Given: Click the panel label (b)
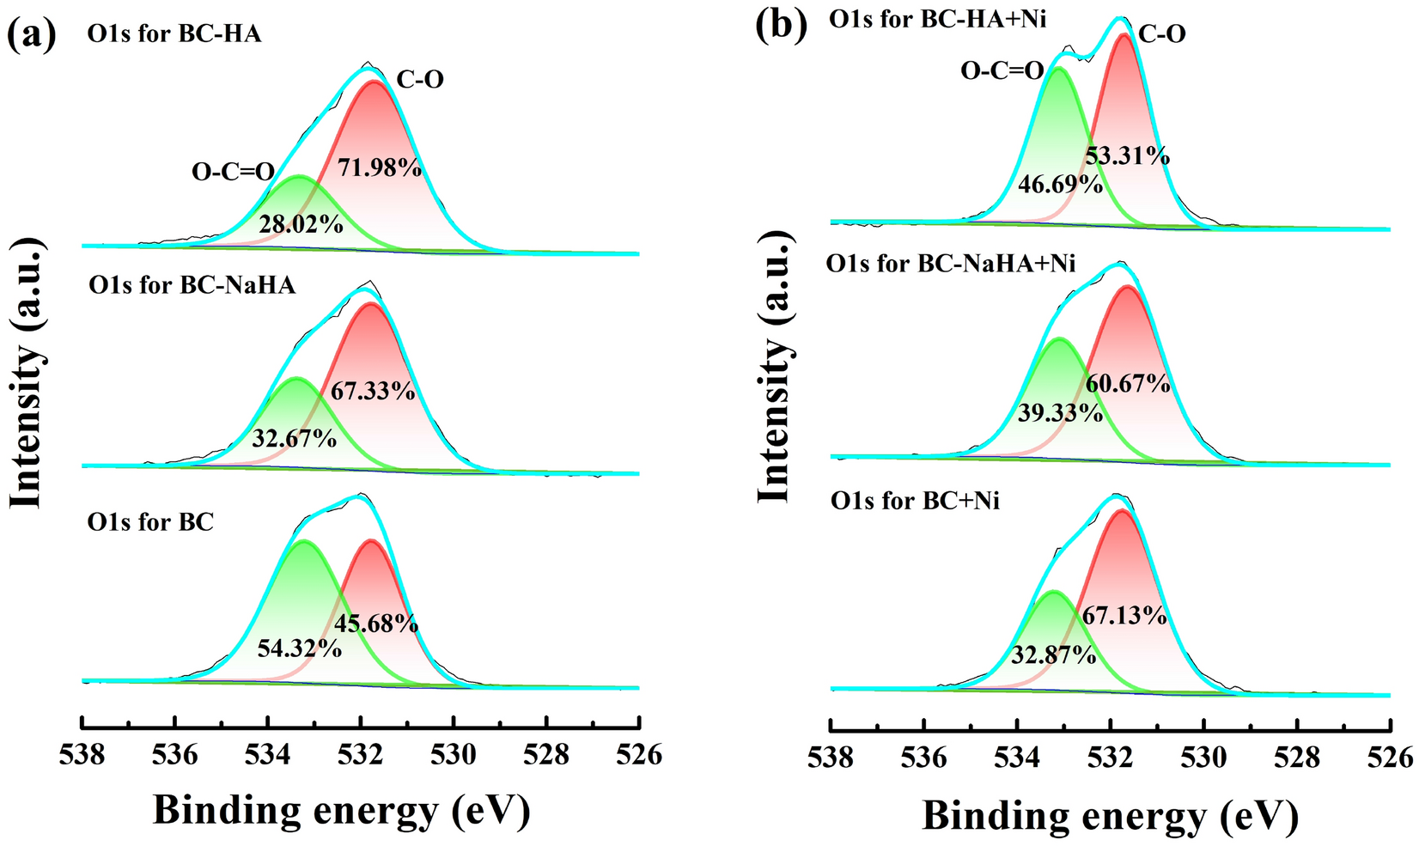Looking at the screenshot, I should [x=781, y=26].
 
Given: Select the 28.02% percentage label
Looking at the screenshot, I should [x=301, y=225].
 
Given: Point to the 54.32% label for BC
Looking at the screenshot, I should [x=300, y=648].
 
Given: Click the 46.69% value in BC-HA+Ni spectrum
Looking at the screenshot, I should [x=1060, y=184].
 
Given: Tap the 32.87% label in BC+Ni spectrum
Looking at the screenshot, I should [x=1053, y=655].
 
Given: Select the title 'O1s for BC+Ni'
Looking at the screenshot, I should [x=915, y=499].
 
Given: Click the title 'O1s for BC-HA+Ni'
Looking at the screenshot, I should [x=938, y=18].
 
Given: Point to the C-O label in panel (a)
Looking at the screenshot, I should [x=420, y=80].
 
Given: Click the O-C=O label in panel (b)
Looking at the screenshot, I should [x=1002, y=70].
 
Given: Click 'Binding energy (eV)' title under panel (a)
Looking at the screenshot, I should [x=341, y=809].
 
